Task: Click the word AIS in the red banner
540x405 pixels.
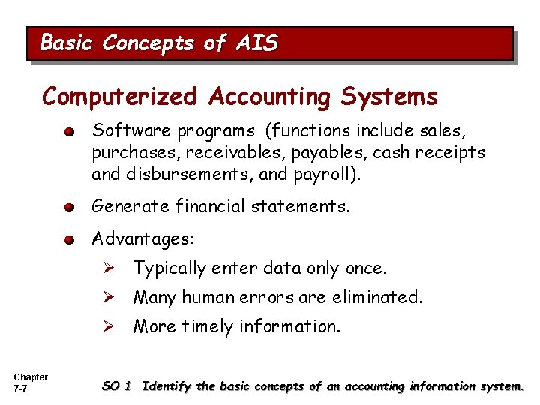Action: click(x=257, y=43)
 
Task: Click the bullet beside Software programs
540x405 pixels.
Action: click(x=69, y=132)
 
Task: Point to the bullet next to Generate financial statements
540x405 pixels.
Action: click(x=69, y=205)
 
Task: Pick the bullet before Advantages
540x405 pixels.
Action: click(x=69, y=240)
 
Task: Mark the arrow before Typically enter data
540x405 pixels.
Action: click(x=108, y=268)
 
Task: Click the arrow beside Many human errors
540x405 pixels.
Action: click(x=108, y=297)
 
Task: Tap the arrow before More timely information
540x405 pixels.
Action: click(x=108, y=326)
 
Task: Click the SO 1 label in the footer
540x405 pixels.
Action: click(x=116, y=386)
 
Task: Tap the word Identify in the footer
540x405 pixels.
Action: click(x=166, y=386)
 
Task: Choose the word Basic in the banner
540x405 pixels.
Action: click(x=68, y=43)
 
